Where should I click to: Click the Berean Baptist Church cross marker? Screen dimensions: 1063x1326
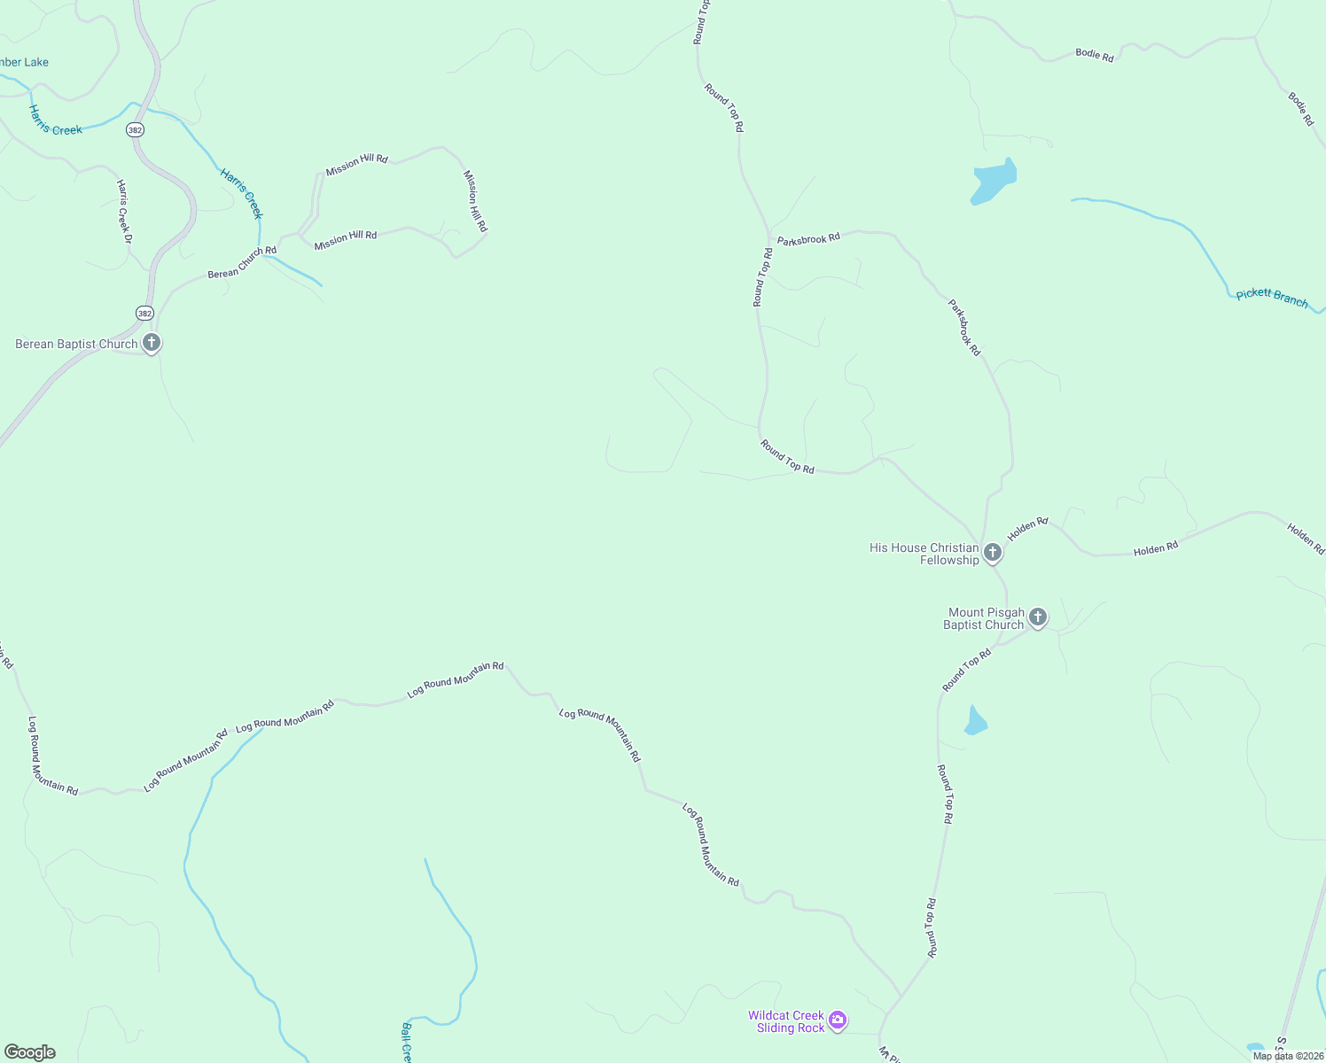tap(152, 343)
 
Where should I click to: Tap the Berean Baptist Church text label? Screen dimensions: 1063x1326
tap(76, 344)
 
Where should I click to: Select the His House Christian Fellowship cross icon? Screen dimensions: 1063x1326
tap(993, 553)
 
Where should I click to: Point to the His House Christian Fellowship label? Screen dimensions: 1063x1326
tap(924, 554)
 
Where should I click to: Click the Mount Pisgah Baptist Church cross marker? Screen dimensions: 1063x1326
tap(1038, 617)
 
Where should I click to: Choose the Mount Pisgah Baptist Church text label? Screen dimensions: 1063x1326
tap(985, 618)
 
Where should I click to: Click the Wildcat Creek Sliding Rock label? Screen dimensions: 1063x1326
tap(786, 1021)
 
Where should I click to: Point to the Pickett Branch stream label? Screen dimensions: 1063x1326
tap(1272, 297)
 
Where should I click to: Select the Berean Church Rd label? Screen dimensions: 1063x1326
tap(242, 263)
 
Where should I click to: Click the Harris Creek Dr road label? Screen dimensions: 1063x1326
tap(124, 212)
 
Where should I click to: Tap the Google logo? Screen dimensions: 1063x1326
tap(29, 1052)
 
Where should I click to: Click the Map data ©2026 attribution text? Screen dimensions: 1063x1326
tap(1287, 1056)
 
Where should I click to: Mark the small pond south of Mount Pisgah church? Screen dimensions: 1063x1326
tap(975, 721)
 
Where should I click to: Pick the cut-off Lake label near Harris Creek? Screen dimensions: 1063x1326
tap(24, 62)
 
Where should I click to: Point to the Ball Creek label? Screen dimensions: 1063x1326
tap(406, 1043)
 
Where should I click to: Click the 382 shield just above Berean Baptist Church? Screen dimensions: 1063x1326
tap(144, 313)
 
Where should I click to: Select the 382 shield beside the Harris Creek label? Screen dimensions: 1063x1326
tap(134, 129)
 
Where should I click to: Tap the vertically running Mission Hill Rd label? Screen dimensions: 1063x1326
tap(475, 201)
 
